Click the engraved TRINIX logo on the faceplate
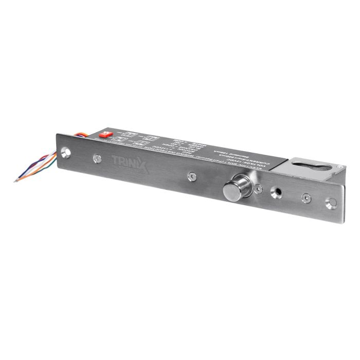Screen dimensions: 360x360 click(130, 164)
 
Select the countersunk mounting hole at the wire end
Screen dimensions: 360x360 click(65, 152)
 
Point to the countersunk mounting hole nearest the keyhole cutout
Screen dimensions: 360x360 click(332, 203)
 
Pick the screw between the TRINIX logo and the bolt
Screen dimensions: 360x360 click(191, 176)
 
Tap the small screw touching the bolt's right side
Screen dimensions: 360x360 click(258, 189)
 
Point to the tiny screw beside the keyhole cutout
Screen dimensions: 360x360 click(339, 166)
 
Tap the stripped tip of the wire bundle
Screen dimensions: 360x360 click(17, 179)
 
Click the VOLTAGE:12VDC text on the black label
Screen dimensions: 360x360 click(216, 150)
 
